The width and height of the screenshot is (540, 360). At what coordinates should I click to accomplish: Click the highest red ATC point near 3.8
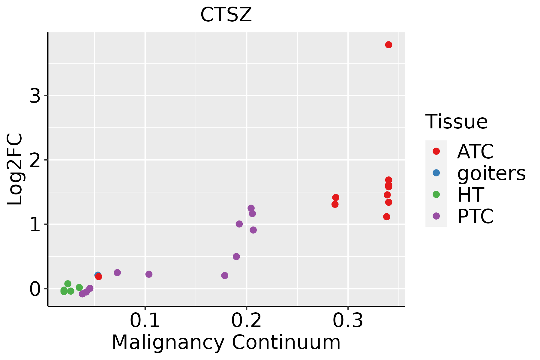coord(388,45)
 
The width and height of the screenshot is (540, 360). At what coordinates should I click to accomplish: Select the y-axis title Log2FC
coord(15,169)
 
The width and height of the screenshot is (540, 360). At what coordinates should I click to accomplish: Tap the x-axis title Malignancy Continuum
coord(226,342)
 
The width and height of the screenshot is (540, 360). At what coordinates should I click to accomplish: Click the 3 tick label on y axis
coord(35,96)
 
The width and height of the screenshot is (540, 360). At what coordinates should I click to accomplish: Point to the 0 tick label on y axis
coord(35,289)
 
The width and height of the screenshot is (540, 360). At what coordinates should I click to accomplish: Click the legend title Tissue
coord(457,122)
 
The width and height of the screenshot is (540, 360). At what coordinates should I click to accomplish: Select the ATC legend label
coord(475,151)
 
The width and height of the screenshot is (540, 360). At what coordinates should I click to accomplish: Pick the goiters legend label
coord(491,173)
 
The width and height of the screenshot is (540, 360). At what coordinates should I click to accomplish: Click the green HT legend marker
coord(436,194)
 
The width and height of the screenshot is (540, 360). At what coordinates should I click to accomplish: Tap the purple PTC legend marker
coord(436,216)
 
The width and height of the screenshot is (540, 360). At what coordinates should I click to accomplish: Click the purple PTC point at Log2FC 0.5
coord(236,256)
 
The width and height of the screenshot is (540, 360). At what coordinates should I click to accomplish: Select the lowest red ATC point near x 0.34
coord(387,217)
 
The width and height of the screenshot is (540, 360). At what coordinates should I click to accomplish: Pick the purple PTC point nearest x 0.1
coord(149,274)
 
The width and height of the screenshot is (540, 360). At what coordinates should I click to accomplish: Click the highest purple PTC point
coord(251,208)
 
